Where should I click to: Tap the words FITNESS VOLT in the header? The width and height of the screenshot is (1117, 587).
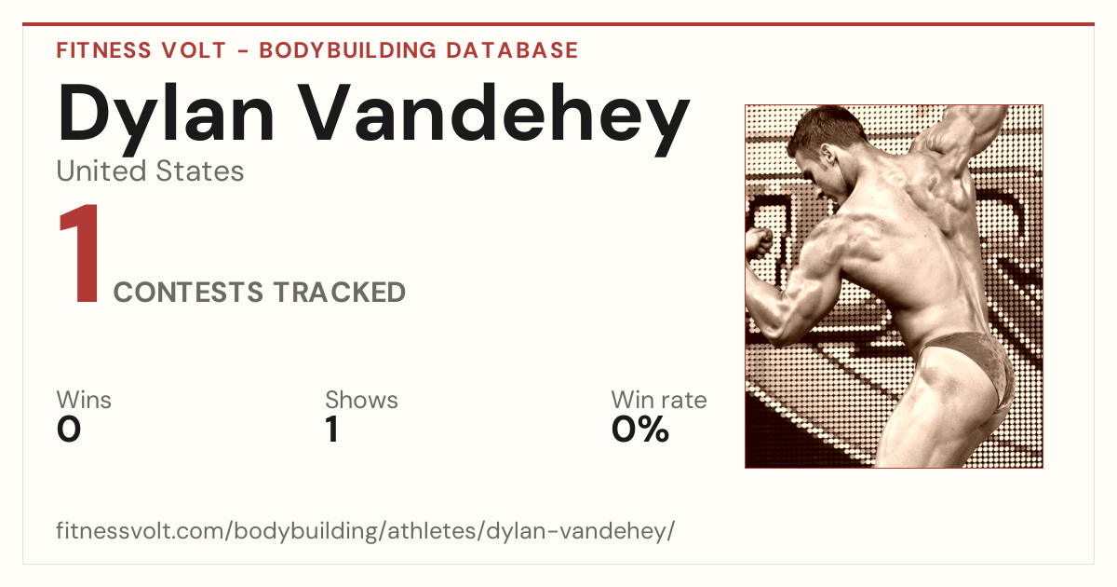(141, 50)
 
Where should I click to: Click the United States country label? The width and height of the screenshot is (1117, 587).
(150, 171)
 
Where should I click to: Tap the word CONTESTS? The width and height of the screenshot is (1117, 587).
(188, 292)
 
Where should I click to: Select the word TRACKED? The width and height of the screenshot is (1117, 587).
(340, 292)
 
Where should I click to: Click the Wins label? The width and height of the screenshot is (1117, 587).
(84, 400)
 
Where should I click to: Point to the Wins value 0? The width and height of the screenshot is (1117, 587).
(69, 430)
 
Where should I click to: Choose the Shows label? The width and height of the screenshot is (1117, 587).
(361, 400)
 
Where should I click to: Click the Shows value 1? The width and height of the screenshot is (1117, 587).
(332, 430)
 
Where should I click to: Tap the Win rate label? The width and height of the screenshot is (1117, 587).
(659, 400)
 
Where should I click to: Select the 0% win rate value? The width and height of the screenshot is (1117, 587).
(640, 430)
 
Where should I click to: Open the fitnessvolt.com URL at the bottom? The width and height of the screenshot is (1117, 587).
(366, 530)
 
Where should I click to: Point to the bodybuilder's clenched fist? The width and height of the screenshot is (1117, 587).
(759, 243)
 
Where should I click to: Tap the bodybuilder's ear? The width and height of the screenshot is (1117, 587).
(828, 153)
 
